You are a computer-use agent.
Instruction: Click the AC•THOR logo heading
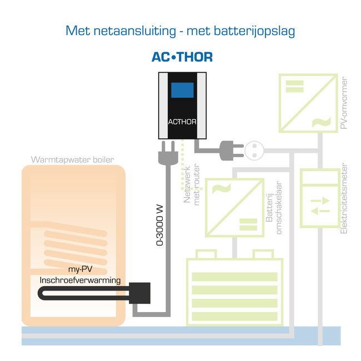182,57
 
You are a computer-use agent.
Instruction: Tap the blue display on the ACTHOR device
182,91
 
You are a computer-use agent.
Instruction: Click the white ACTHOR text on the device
182,122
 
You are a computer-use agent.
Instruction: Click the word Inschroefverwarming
80,281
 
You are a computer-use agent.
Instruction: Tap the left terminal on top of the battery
207,254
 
